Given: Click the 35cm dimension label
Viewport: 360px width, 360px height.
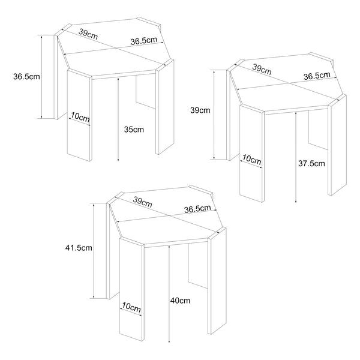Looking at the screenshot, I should point(134,130).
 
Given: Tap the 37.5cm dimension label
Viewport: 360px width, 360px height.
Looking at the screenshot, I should point(311,163).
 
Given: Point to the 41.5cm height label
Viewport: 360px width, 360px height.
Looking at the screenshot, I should point(78,247).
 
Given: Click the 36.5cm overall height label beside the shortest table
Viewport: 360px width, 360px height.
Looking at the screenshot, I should point(26,76).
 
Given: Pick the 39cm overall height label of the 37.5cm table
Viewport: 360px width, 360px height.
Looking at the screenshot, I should point(200,110).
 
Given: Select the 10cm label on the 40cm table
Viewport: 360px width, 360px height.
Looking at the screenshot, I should point(131,307).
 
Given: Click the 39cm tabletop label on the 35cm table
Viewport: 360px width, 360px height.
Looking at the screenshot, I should point(88,34).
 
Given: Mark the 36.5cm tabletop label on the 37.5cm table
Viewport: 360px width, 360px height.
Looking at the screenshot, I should point(316,76).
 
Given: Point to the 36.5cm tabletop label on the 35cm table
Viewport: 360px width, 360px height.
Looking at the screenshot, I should point(145,41).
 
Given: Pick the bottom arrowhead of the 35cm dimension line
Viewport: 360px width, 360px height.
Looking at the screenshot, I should point(119,161).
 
